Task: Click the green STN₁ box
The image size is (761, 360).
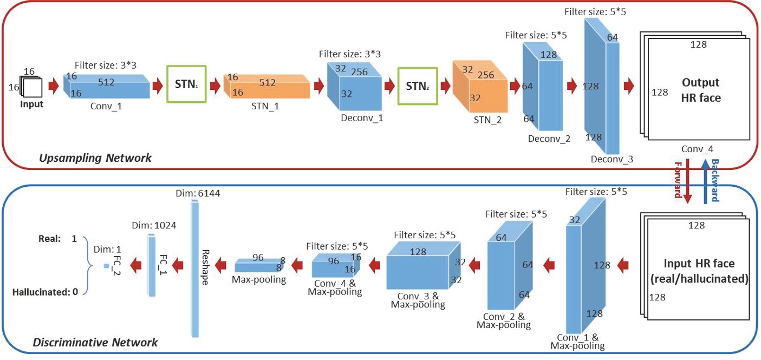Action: [186, 84]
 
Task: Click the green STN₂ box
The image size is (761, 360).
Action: [417, 85]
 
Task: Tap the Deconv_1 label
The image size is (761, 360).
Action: [362, 117]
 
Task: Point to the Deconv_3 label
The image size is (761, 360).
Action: [611, 159]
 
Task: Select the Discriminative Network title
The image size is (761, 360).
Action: [95, 342]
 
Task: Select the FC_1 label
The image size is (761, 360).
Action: [161, 265]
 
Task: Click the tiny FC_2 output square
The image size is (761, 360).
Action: [107, 266]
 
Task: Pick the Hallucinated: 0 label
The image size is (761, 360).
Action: [45, 292]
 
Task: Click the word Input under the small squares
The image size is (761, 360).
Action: [31, 104]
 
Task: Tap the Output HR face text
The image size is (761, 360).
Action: [700, 90]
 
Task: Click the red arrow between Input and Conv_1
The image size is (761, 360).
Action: [53, 86]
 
